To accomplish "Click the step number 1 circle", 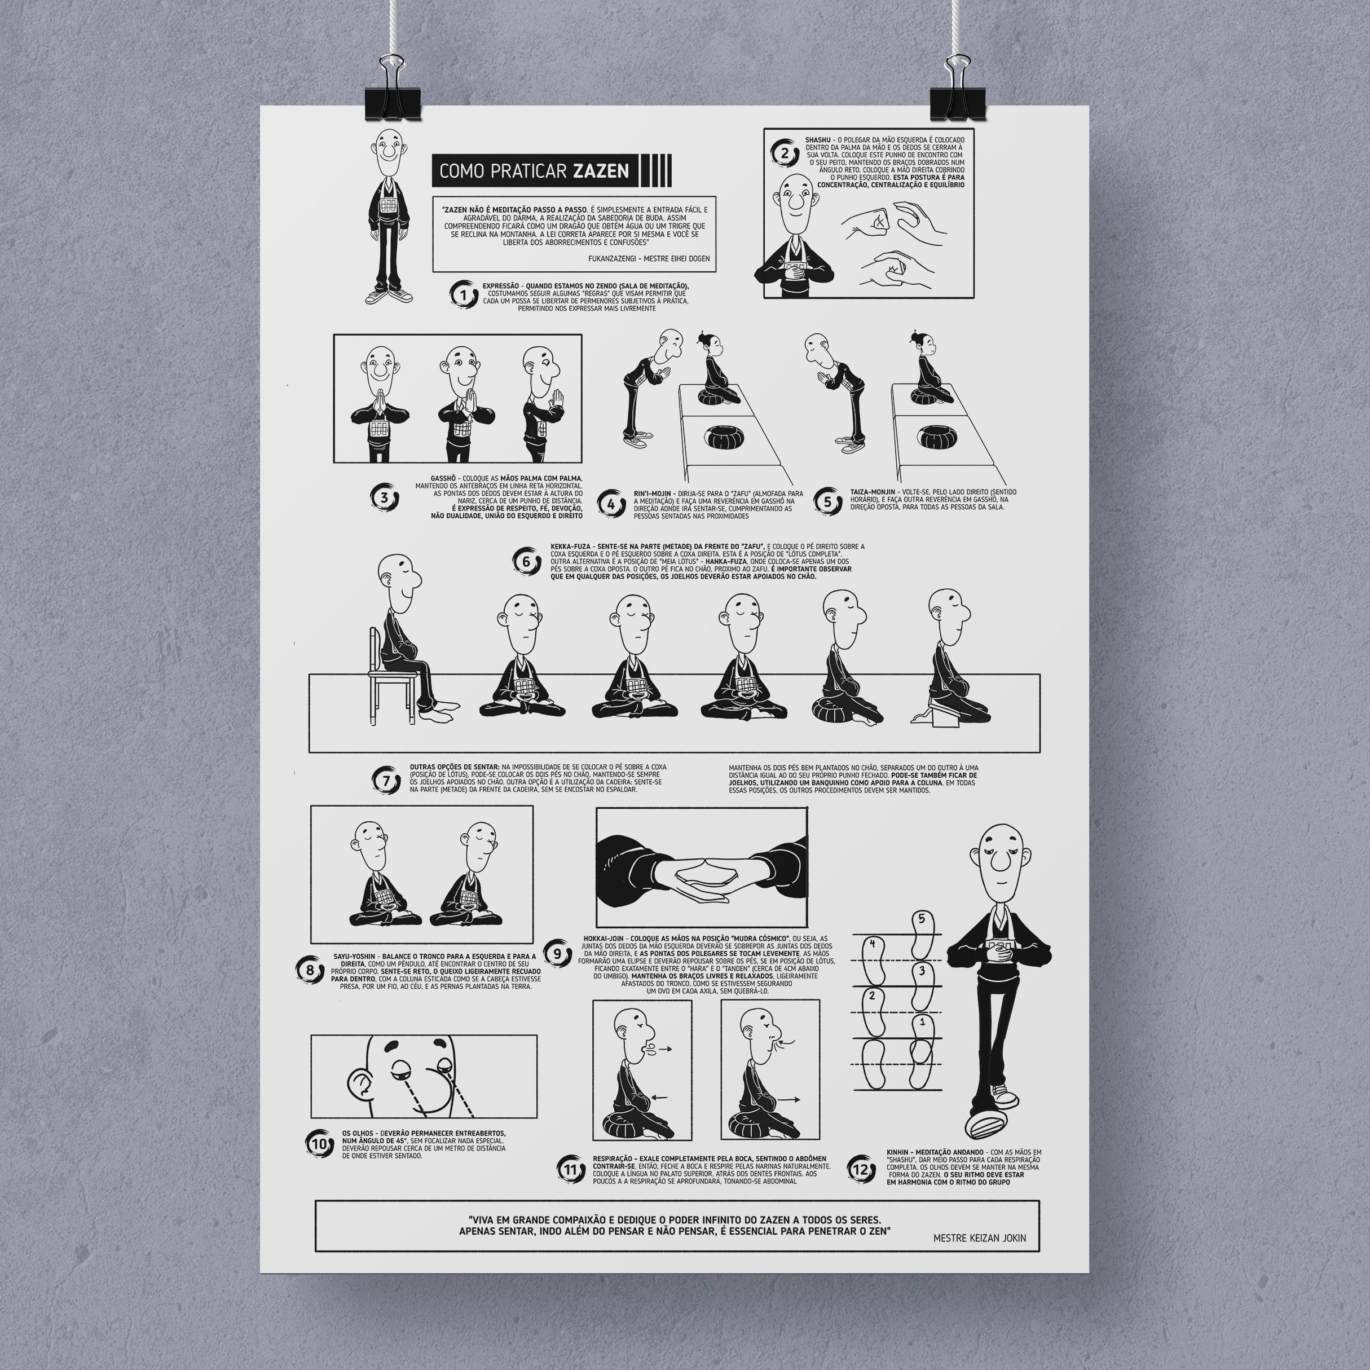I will tap(464, 294).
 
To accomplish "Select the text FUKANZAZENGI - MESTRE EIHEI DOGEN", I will tap(648, 258).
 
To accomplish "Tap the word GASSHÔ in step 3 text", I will tap(444, 479).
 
